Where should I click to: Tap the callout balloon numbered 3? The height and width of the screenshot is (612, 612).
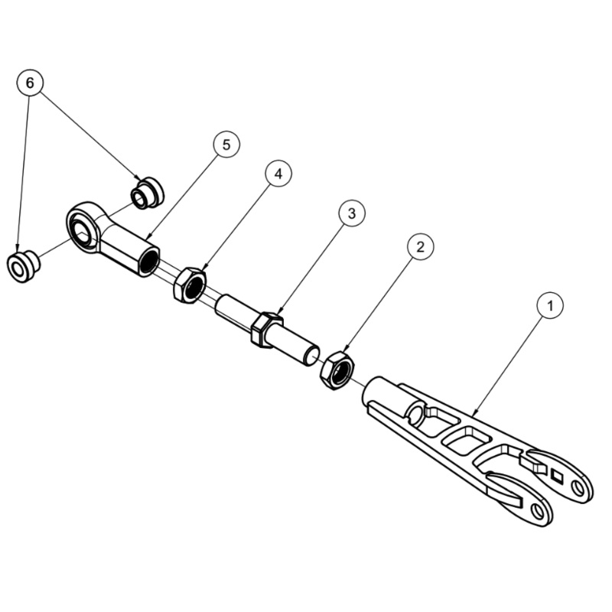[351, 213]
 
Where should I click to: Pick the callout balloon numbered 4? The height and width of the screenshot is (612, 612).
[278, 174]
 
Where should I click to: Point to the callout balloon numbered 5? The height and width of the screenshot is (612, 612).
[226, 144]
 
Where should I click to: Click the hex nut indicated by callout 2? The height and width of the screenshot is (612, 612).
[336, 369]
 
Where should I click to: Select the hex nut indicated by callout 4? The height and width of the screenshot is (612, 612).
[189, 285]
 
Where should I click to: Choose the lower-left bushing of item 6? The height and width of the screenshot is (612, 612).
[22, 265]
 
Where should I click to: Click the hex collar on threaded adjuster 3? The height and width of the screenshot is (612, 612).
[265, 330]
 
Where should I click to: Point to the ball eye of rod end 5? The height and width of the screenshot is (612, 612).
[82, 227]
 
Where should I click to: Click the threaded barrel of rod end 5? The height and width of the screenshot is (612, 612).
[130, 250]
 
